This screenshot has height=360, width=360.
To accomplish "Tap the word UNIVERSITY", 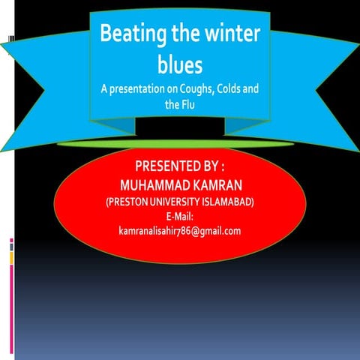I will (175, 202).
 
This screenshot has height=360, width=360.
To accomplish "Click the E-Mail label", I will (180, 216).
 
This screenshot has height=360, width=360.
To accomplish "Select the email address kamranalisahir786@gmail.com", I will (180, 230).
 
